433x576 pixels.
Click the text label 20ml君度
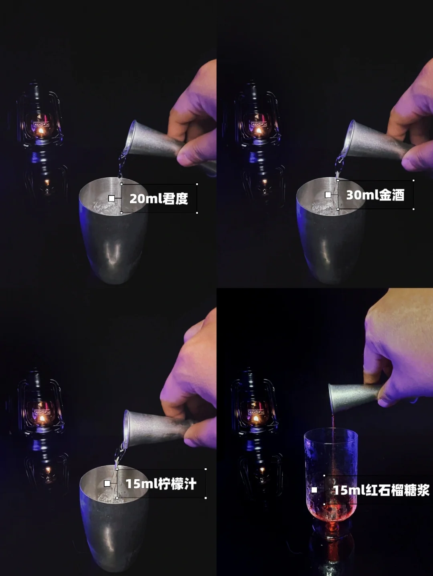pos(159,199)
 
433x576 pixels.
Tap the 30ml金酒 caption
pos(375,195)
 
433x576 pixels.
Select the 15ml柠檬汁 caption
pos(161,484)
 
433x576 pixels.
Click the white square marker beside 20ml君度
pos(111,199)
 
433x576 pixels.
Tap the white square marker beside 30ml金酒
pos(328,195)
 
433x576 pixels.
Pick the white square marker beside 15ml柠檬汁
pos(107,484)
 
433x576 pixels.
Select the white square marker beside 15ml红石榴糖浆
pos(314,490)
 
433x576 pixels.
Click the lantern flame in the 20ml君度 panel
pos(41,130)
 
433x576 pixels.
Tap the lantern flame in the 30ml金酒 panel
pos(259,130)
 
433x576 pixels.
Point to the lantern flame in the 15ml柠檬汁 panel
pos(42,418)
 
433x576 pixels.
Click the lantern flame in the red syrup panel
pos(256,418)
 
